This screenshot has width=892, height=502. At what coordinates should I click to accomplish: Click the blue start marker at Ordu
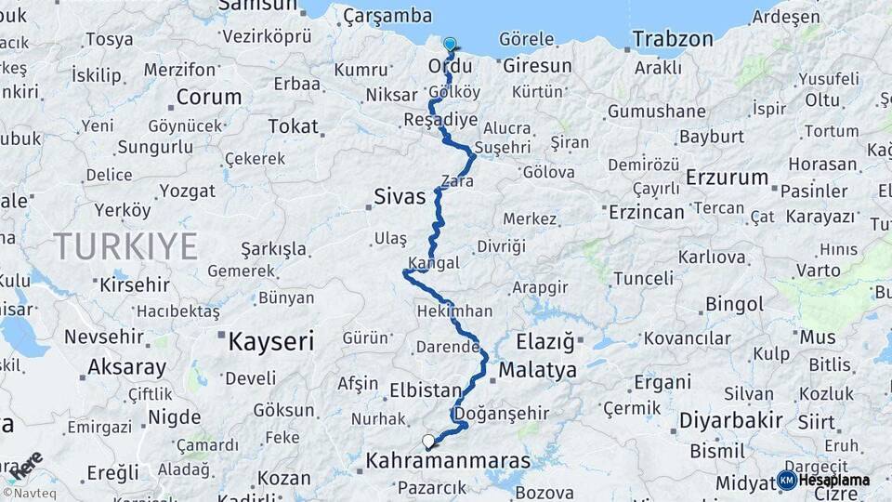pyautogui.click(x=451, y=44)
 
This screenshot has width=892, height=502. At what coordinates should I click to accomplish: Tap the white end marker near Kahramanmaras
pyautogui.click(x=428, y=442)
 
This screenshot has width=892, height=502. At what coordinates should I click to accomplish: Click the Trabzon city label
pyautogui.click(x=673, y=39)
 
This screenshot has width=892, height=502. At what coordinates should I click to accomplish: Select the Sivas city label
pyautogui.click(x=400, y=196)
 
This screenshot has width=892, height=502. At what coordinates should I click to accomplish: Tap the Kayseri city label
pyautogui.click(x=271, y=341)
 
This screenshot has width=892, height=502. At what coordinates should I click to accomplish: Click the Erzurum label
pyautogui.click(x=728, y=177)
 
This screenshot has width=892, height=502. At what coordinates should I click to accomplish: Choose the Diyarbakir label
pyautogui.click(x=730, y=420)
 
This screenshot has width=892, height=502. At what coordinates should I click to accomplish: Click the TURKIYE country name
pyautogui.click(x=125, y=246)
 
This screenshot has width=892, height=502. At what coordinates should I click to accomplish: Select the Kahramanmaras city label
pyautogui.click(x=448, y=460)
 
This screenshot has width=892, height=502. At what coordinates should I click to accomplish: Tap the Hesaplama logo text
pyautogui.click(x=834, y=480)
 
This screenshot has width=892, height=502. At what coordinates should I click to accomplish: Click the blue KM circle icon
pyautogui.click(x=786, y=480)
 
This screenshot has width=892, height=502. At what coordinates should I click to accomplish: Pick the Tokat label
pyautogui.click(x=293, y=125)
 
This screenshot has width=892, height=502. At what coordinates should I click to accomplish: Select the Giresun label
pyautogui.click(x=537, y=66)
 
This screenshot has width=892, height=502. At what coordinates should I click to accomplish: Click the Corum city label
pyautogui.click(x=208, y=97)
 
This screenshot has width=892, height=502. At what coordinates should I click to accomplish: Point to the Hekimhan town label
pyautogui.click(x=455, y=310)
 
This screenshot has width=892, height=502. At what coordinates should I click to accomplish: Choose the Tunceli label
pyautogui.click(x=643, y=278)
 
